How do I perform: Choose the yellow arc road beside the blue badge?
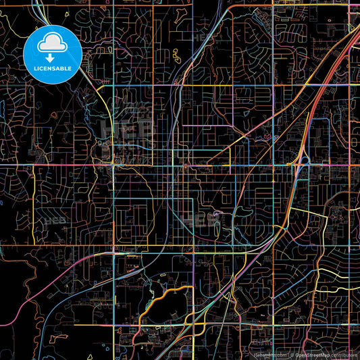pos(101,101)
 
